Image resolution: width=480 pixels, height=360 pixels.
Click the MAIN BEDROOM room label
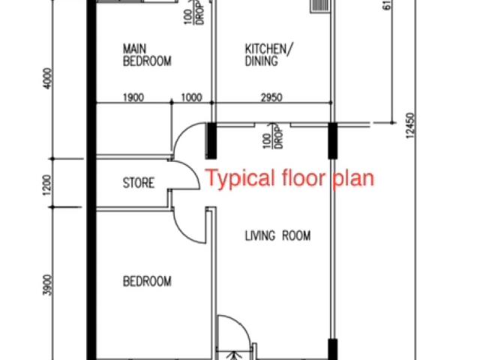147,55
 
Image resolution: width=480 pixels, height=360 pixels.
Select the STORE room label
139,183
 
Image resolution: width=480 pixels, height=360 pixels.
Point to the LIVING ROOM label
277,236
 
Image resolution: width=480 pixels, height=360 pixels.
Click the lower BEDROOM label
147,282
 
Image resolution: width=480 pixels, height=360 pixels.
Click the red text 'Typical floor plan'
289,179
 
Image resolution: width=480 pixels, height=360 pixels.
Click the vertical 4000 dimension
46,78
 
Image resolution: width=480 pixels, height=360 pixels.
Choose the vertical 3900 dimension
46,283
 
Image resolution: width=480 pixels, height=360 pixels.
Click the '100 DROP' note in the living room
271,139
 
